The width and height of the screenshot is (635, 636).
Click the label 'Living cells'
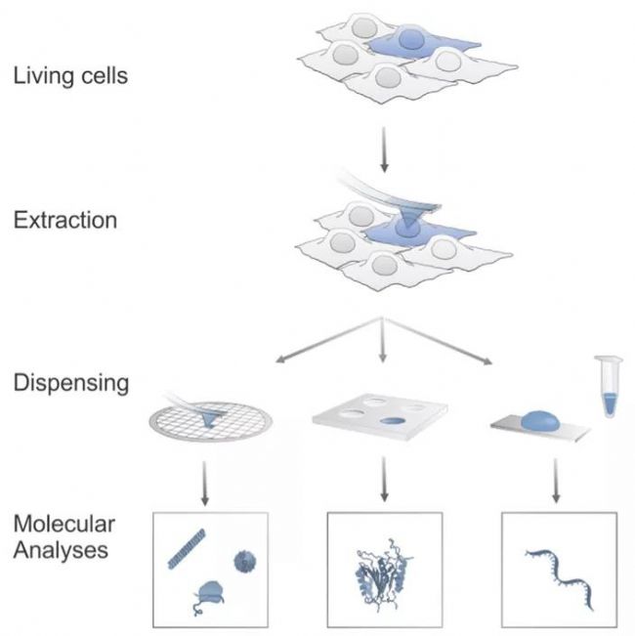point(70,74)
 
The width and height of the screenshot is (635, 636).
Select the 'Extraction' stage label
point(65,218)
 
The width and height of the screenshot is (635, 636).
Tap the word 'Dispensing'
point(71,382)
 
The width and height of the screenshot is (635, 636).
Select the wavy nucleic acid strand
point(561,567)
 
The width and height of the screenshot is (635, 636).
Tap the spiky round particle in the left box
point(244,561)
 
